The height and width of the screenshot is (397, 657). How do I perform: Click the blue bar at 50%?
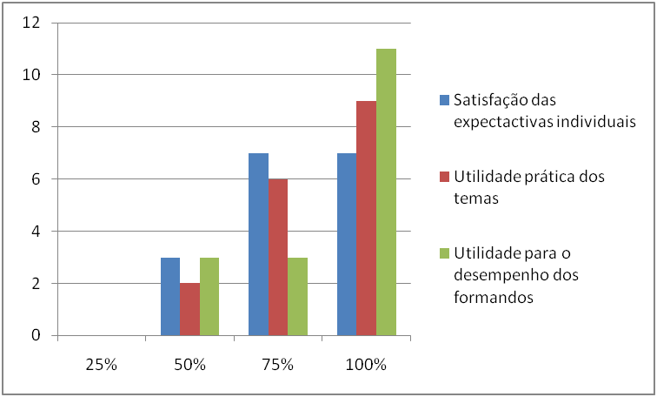coord(170,296)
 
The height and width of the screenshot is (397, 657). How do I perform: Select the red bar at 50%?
coord(189,309)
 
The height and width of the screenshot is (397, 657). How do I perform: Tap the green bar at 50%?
coord(209,296)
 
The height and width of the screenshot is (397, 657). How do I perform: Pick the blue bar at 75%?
coord(258,244)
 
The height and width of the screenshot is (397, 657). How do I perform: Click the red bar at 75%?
coord(278,257)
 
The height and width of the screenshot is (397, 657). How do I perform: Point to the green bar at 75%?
coord(297,296)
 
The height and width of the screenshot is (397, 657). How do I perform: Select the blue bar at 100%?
coord(346,244)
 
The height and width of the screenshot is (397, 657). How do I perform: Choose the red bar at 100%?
coord(366,218)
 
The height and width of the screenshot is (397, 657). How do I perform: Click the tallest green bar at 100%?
coord(386,192)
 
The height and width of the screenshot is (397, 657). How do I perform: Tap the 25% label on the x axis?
coord(102,365)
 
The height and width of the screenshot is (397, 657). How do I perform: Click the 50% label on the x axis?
coord(189,365)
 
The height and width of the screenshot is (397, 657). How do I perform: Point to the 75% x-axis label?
coord(278,365)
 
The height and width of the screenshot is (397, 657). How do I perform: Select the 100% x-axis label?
coord(366,365)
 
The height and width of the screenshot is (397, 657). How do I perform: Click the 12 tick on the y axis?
coord(32,23)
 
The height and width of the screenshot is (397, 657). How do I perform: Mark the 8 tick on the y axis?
coord(36,127)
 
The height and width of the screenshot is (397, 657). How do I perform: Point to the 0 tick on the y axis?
coord(36,336)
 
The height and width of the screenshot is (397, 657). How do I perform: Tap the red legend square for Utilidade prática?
coord(445,177)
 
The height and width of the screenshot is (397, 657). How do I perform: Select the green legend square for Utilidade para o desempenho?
coord(445,253)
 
